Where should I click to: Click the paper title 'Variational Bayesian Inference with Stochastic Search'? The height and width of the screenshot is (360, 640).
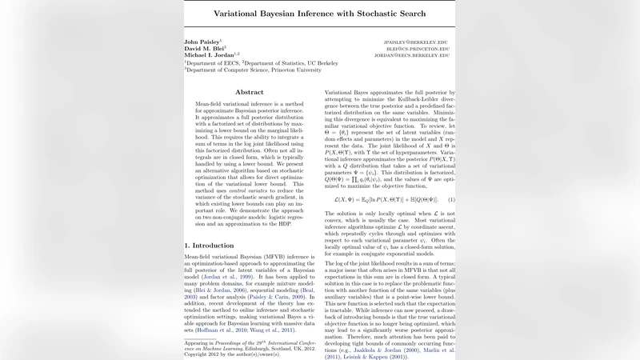[x=319, y=14]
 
